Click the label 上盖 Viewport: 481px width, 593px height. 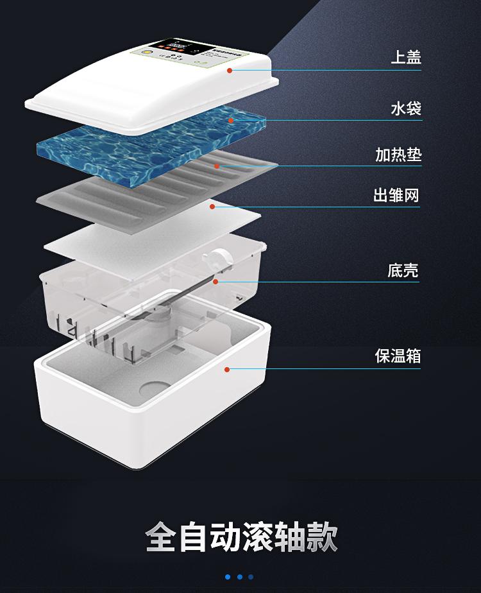pyautogui.click(x=406, y=57)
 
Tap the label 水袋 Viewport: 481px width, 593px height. pyautogui.click(x=406, y=108)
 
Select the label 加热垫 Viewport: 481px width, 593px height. pyautogui.click(x=398, y=155)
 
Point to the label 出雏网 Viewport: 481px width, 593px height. pyautogui.click(x=396, y=195)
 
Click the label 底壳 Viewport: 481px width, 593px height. pyautogui.click(x=403, y=270)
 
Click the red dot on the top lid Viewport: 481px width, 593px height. pyautogui.click(x=230, y=70)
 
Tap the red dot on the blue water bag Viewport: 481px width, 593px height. pyautogui.click(x=230, y=119)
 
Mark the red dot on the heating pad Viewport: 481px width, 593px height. pyautogui.click(x=217, y=166)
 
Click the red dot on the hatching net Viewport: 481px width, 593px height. pyautogui.click(x=212, y=207)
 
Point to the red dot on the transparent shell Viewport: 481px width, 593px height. pyautogui.click(x=215, y=281)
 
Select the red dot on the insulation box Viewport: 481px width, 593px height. pyautogui.click(x=226, y=369)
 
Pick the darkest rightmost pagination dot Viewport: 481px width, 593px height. pyautogui.click(x=251, y=577)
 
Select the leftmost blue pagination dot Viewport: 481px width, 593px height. pyautogui.click(x=228, y=577)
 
